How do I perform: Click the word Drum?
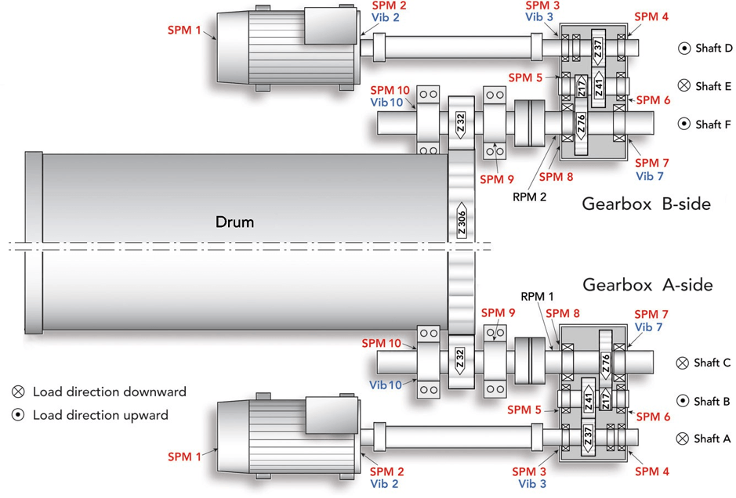pos(234,222)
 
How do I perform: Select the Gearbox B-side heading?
pos(647,204)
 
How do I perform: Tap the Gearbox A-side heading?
pos(647,285)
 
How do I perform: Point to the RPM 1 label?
pos(537,296)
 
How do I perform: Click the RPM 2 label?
pos(530,197)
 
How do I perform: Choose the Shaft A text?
pos(712,438)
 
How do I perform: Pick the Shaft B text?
pos(712,402)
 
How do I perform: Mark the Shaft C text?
pos(712,363)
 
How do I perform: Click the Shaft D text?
pos(714,49)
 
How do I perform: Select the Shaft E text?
pos(713,86)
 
